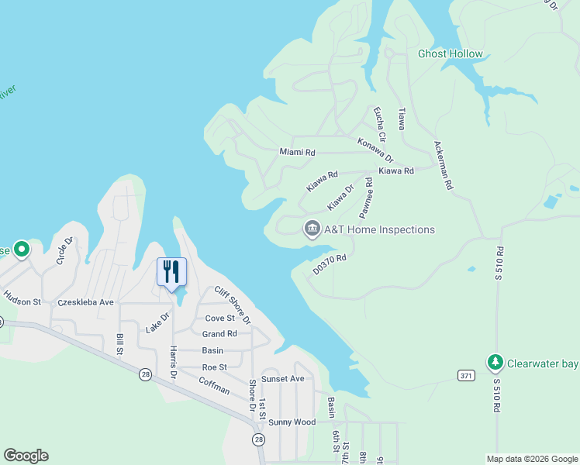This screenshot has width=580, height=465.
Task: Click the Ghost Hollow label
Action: (x=450, y=54)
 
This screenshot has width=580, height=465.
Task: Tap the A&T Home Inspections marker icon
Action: (x=312, y=229)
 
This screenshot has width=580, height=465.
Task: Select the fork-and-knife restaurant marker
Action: (x=171, y=272)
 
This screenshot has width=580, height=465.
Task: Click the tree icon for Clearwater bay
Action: (x=495, y=362)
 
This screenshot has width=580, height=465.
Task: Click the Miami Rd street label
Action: (x=297, y=153)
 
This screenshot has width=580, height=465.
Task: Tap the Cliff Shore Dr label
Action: (x=233, y=304)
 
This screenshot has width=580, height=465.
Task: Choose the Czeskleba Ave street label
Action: (x=85, y=302)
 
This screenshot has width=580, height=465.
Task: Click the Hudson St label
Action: (x=22, y=297)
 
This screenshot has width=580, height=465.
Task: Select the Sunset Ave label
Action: (x=282, y=379)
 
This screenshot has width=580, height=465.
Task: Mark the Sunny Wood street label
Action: (x=292, y=422)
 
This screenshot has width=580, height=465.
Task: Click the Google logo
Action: (x=26, y=456)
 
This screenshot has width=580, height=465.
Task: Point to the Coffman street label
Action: (x=214, y=385)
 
